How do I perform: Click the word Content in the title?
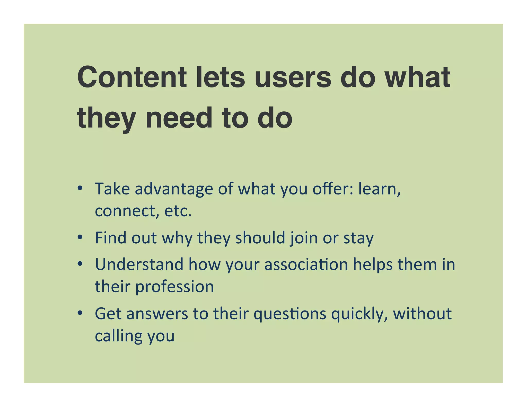tap(132, 77)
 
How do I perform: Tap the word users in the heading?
tap(293, 77)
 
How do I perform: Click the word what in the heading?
tap(417, 77)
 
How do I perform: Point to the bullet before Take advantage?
tap(80, 188)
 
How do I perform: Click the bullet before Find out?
tap(80, 237)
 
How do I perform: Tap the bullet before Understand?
tap(80, 264)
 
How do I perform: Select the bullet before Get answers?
tap(80, 313)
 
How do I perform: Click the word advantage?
tap(174, 189)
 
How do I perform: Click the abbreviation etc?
tap(178, 211)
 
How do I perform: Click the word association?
tap(306, 265)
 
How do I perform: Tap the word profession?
tap(175, 287)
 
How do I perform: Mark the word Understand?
tap(139, 265)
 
